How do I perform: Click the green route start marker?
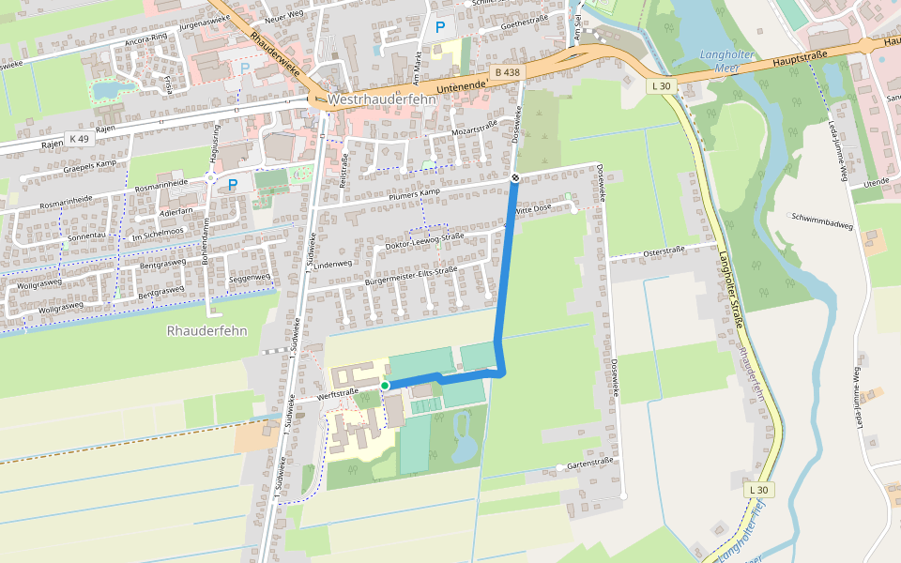pos(385,386)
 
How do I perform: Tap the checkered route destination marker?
pos(515,177)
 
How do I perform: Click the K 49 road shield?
pos(79,139)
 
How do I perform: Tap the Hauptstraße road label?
pos(799,58)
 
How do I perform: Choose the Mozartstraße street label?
pos(475,129)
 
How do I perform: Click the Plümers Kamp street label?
pos(416,193)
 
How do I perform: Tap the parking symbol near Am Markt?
pos(439,28)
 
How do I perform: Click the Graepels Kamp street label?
pos(89,165)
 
